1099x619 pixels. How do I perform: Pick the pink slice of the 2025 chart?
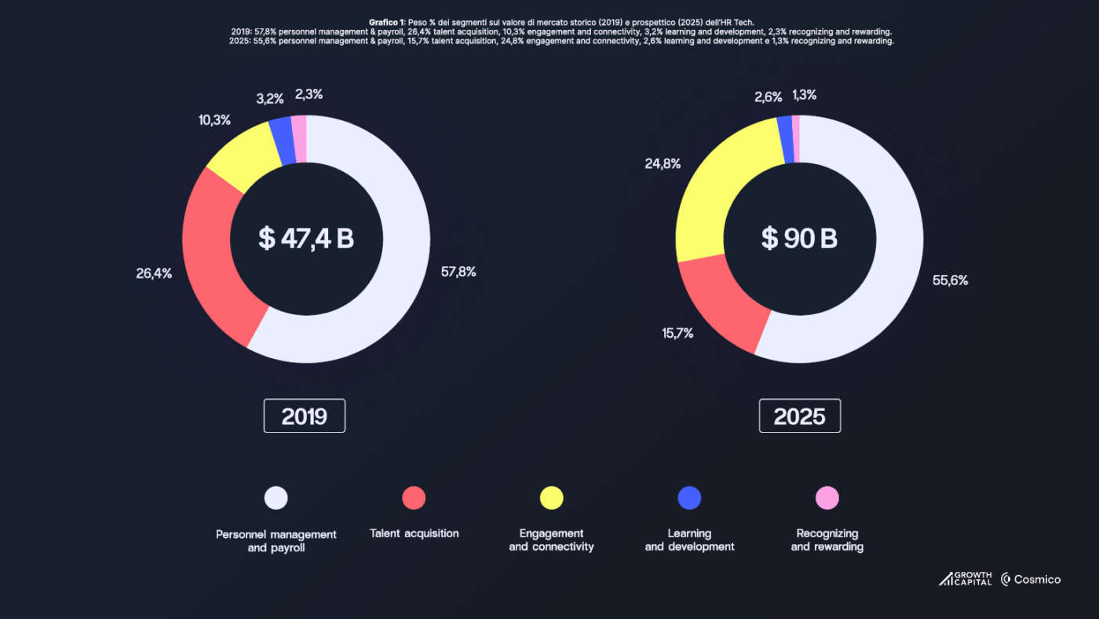[x=796, y=138]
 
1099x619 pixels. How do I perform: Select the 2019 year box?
[x=304, y=416]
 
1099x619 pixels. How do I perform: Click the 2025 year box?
[x=799, y=416]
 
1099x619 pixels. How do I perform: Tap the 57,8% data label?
[x=458, y=272]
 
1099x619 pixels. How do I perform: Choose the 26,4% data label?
[x=154, y=273]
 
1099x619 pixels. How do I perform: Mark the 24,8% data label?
[x=663, y=164]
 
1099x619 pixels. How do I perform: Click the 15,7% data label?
[x=677, y=333]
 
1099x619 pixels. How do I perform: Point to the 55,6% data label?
[x=950, y=280]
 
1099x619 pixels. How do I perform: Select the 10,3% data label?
[x=214, y=120]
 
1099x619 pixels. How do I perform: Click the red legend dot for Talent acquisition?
[x=414, y=498]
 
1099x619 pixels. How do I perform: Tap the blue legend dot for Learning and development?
[x=689, y=498]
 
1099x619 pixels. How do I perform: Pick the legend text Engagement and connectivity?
[x=551, y=540]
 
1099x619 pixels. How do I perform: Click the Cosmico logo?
[x=1030, y=580]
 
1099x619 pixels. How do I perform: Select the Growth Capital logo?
[x=965, y=579]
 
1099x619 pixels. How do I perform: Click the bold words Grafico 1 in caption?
[x=387, y=22]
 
